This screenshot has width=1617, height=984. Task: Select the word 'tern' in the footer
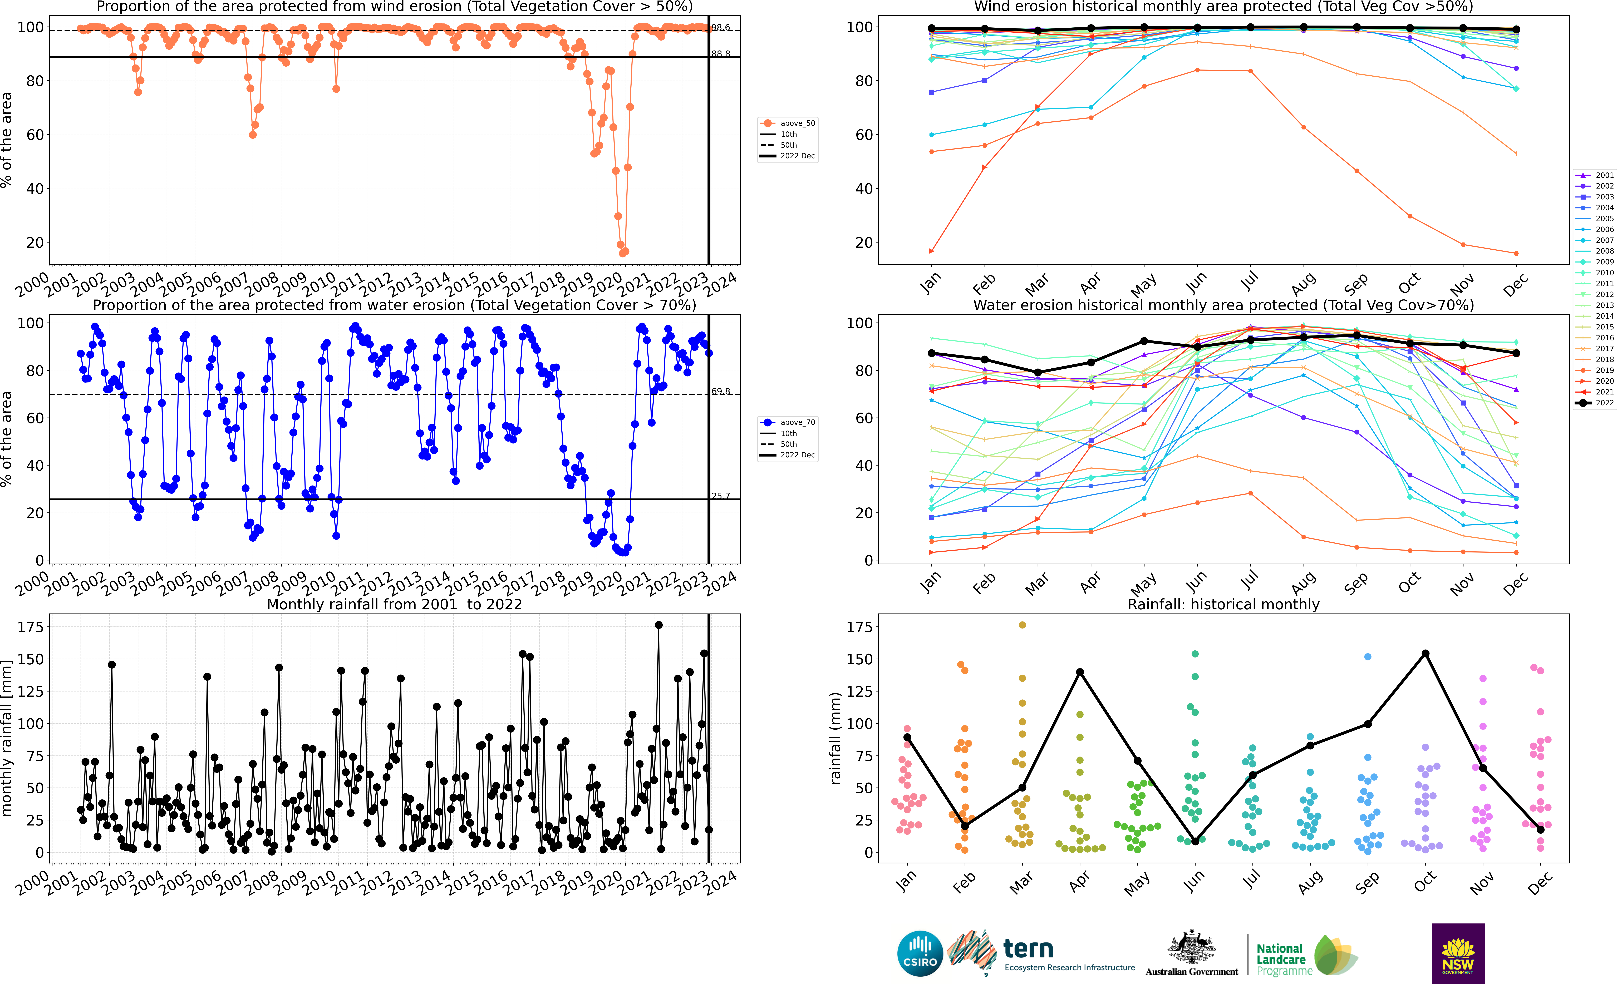click(1028, 949)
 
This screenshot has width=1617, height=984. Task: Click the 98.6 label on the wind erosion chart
click(721, 28)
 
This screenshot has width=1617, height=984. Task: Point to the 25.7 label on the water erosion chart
click(721, 496)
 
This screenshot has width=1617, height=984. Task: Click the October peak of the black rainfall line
click(1425, 653)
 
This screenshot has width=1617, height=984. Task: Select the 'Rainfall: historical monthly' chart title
click(1223, 604)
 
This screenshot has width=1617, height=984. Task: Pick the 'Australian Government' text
click(1192, 972)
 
